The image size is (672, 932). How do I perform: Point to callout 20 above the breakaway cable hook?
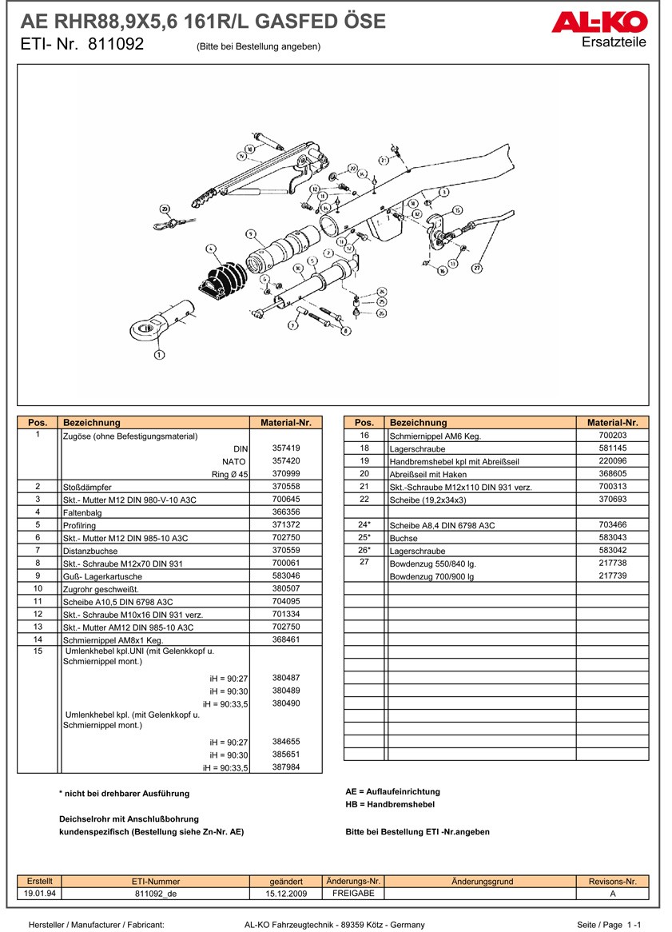pyautogui.click(x=165, y=209)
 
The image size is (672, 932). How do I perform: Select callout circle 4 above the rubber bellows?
pyautogui.click(x=212, y=248)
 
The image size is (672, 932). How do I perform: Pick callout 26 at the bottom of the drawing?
pyautogui.click(x=381, y=313)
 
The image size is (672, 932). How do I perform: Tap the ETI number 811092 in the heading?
pyautogui.click(x=116, y=45)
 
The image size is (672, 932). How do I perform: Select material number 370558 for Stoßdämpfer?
pyautogui.click(x=286, y=486)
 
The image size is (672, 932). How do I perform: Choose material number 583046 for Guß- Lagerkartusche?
pyautogui.click(x=286, y=576)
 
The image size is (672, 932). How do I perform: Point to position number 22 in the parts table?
pyautogui.click(x=364, y=499)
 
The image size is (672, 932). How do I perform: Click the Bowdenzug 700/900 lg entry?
pyautogui.click(x=431, y=576)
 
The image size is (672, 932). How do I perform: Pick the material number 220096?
pyautogui.click(x=613, y=461)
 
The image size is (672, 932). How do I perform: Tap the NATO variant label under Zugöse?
pyautogui.click(x=233, y=461)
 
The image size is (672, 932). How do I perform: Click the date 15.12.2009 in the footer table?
pyautogui.click(x=286, y=894)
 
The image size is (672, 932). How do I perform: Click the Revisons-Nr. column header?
pyautogui.click(x=612, y=881)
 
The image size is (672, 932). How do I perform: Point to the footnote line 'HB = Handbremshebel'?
pyautogui.click(x=390, y=805)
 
